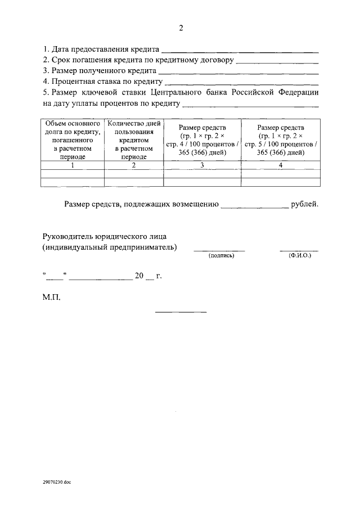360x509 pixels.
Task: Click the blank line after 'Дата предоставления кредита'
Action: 240,51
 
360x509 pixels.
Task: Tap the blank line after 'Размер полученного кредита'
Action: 238,73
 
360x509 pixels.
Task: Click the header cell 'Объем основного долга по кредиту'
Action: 73,139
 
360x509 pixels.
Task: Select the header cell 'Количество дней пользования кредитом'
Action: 134,139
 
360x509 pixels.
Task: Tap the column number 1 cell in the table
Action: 73,165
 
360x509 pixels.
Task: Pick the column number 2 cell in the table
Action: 134,165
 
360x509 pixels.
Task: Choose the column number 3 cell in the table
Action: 202,165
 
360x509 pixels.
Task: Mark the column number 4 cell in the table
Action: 280,165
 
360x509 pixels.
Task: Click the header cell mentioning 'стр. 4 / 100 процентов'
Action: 202,139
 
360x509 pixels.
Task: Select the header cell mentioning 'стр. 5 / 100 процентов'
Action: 280,139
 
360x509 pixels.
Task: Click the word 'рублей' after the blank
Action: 305,204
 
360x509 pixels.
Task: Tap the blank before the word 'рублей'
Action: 254,207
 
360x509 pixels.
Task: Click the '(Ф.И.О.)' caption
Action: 299,256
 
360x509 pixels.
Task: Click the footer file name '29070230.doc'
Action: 57,482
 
